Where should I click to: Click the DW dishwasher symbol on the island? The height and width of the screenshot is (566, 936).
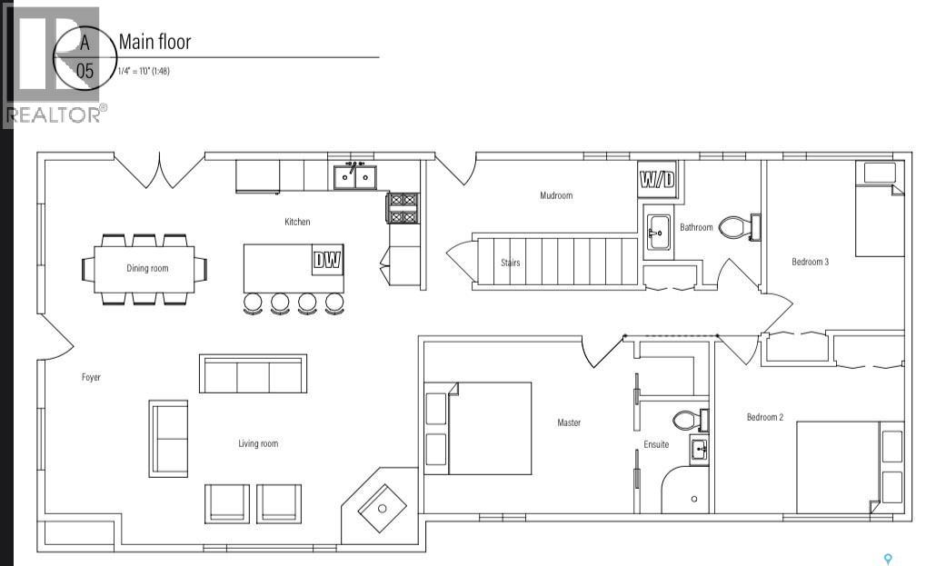(x=328, y=260)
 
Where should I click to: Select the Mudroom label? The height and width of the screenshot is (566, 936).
(x=556, y=195)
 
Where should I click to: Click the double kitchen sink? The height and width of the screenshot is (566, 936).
(x=355, y=177)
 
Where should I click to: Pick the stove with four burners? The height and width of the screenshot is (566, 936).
(x=403, y=208)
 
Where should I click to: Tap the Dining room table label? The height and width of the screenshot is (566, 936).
(x=147, y=268)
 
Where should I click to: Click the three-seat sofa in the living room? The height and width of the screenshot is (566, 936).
(x=254, y=373)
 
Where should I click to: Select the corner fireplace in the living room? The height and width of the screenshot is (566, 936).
(x=380, y=502)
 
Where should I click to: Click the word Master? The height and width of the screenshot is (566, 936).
(x=569, y=422)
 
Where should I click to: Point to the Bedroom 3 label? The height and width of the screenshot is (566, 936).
(x=810, y=262)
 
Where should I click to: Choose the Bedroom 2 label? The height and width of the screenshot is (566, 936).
(x=764, y=417)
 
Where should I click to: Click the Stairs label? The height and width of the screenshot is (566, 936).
(x=511, y=262)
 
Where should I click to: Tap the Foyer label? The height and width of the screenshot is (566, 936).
(x=92, y=377)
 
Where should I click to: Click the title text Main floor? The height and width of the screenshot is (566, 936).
(x=155, y=42)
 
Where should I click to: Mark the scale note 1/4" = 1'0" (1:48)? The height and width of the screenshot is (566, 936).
(x=144, y=71)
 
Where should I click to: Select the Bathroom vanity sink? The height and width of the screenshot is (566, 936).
(x=659, y=229)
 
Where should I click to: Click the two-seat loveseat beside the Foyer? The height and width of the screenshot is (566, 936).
(x=168, y=439)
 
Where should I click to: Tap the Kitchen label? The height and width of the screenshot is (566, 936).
(x=297, y=222)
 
